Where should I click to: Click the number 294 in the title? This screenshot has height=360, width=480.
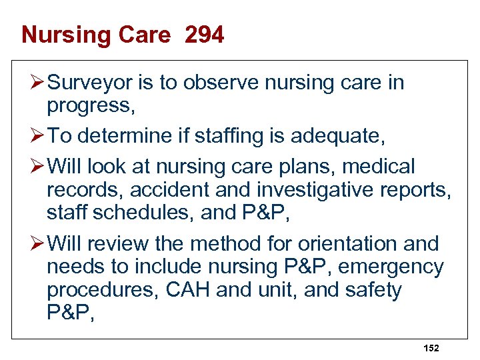(204, 35)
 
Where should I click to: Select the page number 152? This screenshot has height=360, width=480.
(431, 348)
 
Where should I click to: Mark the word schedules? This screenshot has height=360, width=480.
(137, 213)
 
